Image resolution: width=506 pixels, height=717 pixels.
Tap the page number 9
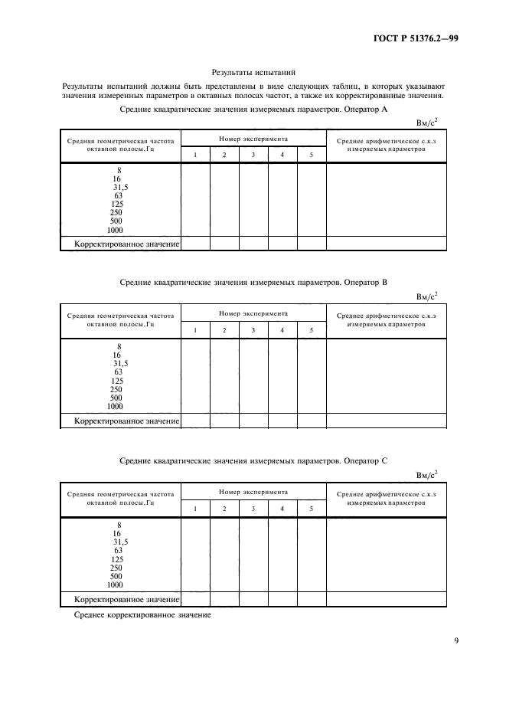point(456,641)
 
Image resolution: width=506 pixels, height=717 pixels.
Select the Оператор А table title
point(254,110)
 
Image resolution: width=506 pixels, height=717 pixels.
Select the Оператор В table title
point(254,283)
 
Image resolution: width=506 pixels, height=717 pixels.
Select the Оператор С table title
point(254,460)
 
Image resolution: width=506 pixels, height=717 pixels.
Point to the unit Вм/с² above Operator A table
point(426,122)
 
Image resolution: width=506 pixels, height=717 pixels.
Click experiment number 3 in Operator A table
point(253,156)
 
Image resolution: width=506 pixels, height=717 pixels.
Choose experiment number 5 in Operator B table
point(311,330)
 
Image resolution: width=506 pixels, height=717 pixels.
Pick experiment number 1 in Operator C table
point(194,508)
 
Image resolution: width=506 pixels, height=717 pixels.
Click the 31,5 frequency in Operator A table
point(120,187)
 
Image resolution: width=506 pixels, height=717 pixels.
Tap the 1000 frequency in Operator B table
point(115,406)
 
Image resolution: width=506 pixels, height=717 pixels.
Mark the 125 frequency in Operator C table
point(117,559)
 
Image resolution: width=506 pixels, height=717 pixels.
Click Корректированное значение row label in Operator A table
point(126,244)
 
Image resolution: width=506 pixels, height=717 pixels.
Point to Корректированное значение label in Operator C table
point(126,599)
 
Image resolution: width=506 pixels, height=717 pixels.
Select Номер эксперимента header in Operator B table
point(253,314)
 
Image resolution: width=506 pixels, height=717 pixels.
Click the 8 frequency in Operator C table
point(119,525)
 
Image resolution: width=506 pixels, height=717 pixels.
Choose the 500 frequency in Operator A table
point(116,221)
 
